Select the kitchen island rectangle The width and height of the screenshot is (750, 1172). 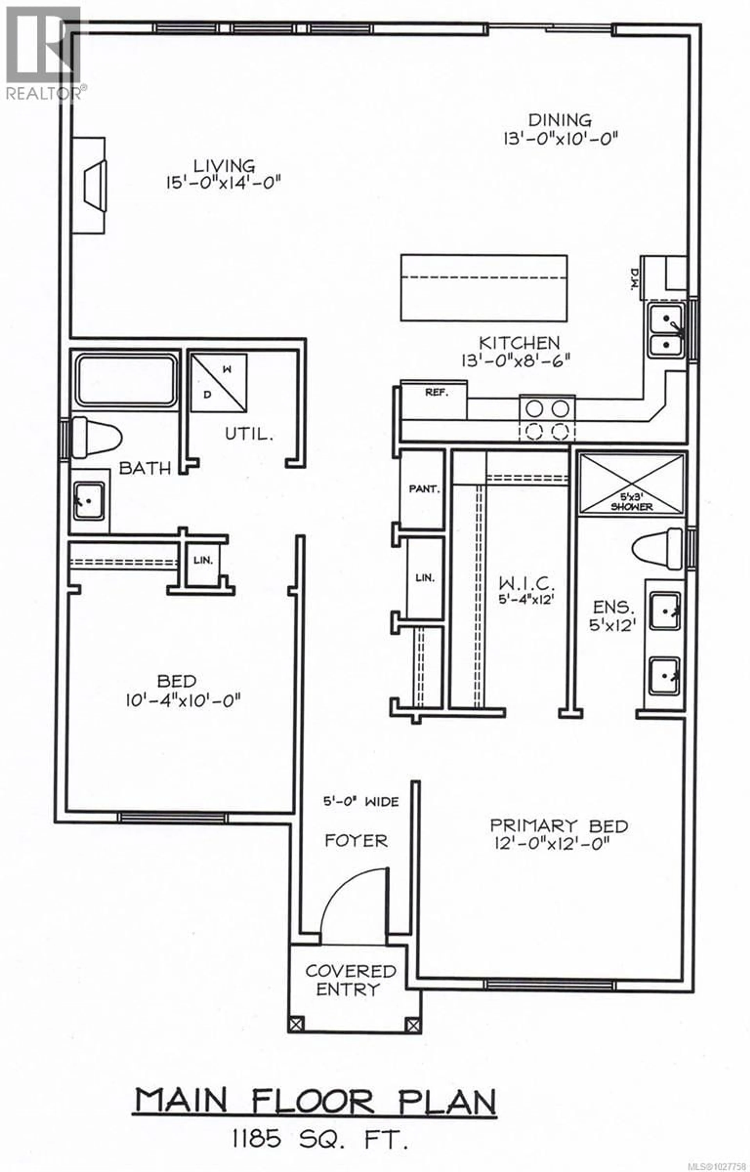[484, 288]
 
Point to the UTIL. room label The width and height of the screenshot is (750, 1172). [248, 434]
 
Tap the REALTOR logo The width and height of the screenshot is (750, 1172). [44, 54]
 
